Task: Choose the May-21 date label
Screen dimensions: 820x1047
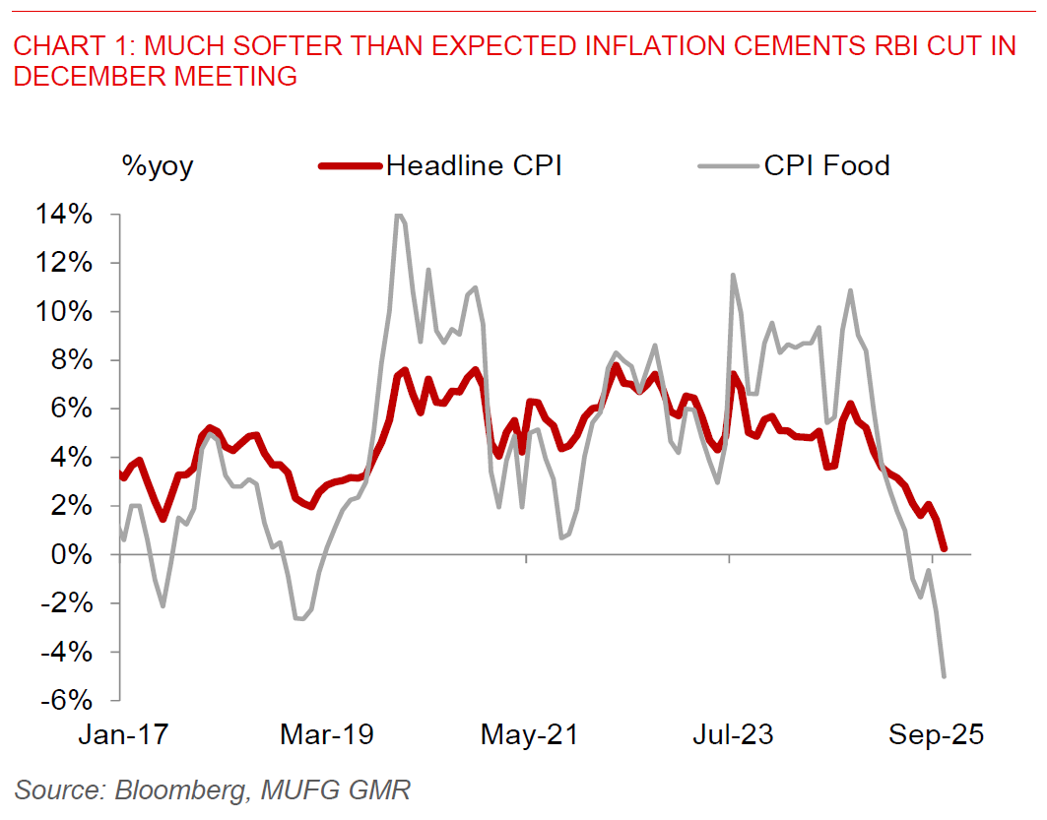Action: (528, 735)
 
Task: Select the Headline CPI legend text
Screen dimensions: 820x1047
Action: (474, 165)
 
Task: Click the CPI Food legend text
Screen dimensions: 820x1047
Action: (826, 165)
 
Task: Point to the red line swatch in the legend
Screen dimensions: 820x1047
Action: (350, 166)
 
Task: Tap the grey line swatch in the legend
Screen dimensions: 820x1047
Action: (728, 166)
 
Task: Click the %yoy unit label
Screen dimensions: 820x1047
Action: (158, 166)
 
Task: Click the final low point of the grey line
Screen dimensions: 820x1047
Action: (945, 676)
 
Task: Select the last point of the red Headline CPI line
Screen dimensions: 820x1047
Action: (944, 548)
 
